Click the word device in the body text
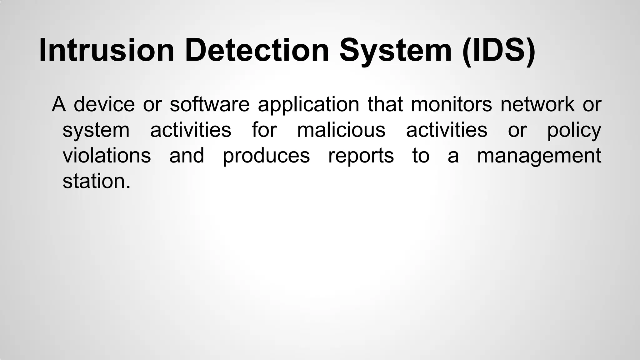pos(104,104)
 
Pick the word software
pos(210,104)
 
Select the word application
pos(308,104)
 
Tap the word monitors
pos(451,104)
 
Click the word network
pos(537,104)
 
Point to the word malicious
pos(341,130)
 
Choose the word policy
pos(574,130)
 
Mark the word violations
pos(107,155)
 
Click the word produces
pos(266,155)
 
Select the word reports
pos(361,155)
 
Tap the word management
pos(539,155)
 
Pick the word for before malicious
pos(264,130)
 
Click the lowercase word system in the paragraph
pos(96,130)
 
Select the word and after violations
pos(187,155)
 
